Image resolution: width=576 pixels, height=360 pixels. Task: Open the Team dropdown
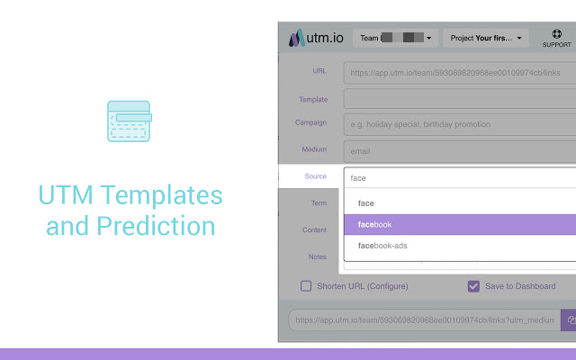(396, 38)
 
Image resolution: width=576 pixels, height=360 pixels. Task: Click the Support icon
(556, 38)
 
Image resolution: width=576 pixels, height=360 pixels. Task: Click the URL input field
(459, 72)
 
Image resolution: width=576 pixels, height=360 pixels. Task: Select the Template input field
(459, 99)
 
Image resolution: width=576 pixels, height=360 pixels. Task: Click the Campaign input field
(459, 124)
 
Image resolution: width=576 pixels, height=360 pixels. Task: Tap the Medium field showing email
(459, 151)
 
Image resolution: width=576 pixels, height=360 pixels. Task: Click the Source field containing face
(459, 177)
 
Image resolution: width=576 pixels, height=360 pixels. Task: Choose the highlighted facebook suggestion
(459, 224)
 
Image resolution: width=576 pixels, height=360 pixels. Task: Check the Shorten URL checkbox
(306, 286)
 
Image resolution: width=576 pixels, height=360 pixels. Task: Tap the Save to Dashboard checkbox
(473, 286)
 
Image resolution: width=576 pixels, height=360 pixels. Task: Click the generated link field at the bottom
(423, 319)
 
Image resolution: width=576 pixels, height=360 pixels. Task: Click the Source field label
(315, 176)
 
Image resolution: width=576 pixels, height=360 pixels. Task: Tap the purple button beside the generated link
(569, 319)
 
